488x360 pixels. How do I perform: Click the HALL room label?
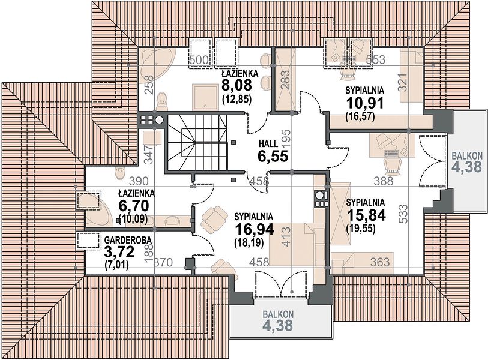268,143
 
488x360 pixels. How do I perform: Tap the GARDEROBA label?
128,240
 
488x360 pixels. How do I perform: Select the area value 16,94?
255,230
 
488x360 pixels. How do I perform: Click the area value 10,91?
365,103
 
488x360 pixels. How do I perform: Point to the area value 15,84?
366,215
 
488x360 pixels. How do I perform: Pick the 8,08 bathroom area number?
236,85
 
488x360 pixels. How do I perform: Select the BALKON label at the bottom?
277,314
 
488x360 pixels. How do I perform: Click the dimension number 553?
375,59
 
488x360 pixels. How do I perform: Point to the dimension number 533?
403,214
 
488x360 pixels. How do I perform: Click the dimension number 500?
199,59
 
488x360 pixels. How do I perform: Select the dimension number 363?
380,262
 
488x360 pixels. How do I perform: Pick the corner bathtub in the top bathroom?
157,66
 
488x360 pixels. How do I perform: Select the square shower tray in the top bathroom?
205,96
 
